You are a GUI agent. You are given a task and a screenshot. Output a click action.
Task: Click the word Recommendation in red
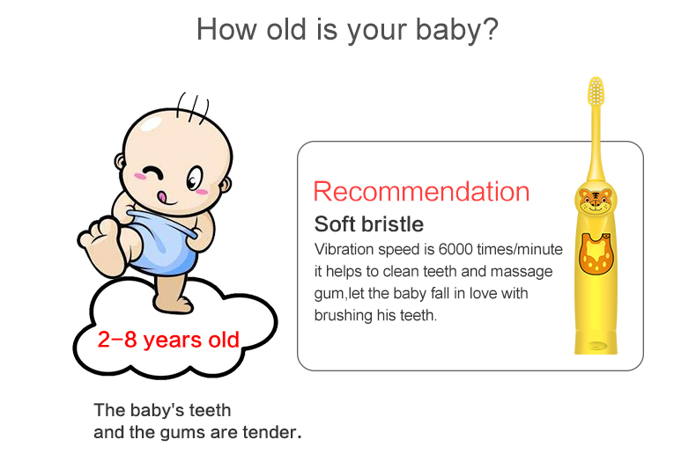[421, 192]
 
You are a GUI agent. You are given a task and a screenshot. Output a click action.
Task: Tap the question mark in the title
[490, 29]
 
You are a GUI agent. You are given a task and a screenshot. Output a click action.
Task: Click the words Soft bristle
[369, 224]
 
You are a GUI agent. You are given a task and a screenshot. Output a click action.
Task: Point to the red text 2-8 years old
[168, 340]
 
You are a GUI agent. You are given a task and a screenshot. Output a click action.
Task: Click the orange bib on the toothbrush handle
[596, 253]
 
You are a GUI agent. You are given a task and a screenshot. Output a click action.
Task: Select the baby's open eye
[194, 179]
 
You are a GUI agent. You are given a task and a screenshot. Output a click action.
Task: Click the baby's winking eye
[152, 172]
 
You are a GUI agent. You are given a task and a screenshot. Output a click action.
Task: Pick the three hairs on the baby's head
[192, 107]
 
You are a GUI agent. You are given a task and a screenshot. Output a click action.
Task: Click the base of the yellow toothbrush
[596, 342]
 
